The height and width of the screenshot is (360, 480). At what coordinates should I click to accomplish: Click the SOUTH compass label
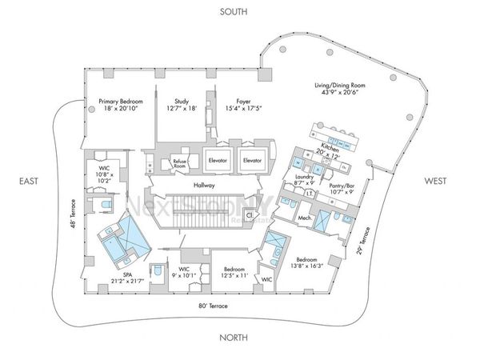tap(234, 11)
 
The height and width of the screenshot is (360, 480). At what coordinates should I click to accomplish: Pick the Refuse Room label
tap(180, 163)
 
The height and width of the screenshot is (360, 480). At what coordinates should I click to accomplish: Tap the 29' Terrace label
tap(363, 240)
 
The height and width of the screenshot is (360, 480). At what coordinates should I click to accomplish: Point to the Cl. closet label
tap(249, 215)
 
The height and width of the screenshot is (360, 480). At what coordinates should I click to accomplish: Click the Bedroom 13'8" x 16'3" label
tap(308, 264)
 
